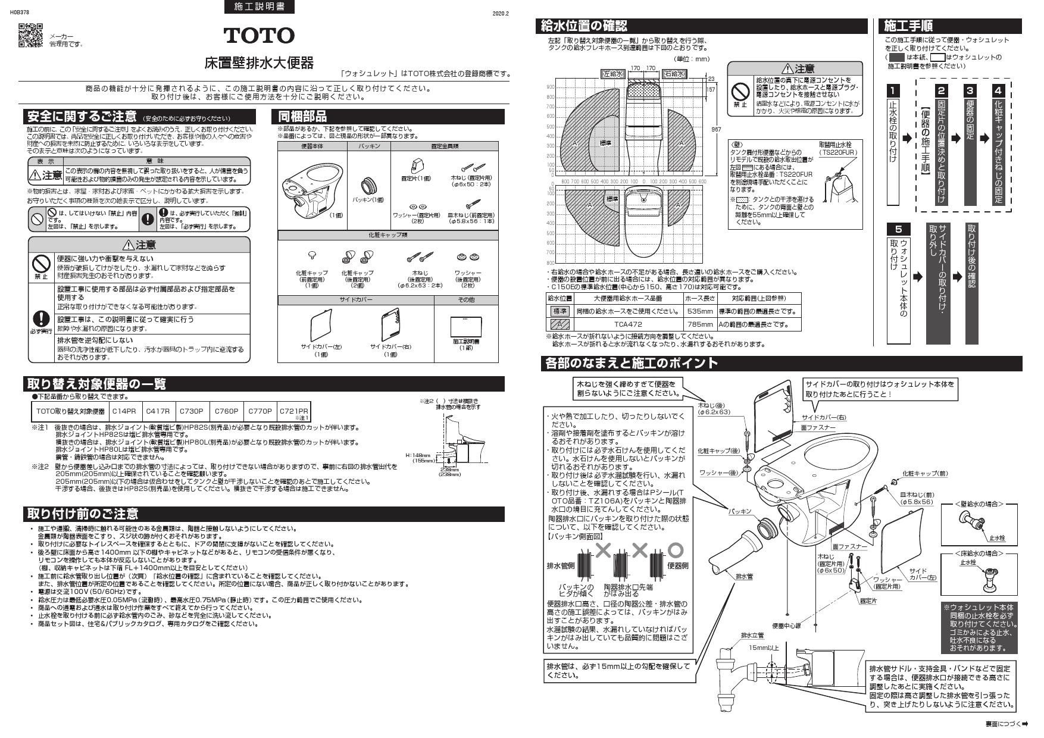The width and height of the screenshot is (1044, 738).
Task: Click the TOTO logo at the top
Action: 259,36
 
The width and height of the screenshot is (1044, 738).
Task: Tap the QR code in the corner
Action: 31,35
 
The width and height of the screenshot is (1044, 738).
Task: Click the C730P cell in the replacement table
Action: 192,411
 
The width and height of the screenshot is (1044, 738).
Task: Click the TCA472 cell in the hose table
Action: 628,324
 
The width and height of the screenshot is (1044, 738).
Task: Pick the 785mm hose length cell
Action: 699,324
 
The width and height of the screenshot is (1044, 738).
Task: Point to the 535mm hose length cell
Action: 699,311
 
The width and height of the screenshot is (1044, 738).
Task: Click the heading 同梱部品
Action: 302,117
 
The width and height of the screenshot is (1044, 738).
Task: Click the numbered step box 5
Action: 898,229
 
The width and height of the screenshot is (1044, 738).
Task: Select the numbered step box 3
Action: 970,90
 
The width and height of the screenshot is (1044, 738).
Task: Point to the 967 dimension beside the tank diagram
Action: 717,129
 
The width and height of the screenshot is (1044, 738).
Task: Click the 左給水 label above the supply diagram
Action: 612,74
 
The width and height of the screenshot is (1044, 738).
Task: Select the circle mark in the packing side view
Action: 676,549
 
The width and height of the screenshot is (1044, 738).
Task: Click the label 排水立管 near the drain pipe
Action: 752,636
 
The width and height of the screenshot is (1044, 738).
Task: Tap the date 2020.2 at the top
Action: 501,13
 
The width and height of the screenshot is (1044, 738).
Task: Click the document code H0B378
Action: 20,11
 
